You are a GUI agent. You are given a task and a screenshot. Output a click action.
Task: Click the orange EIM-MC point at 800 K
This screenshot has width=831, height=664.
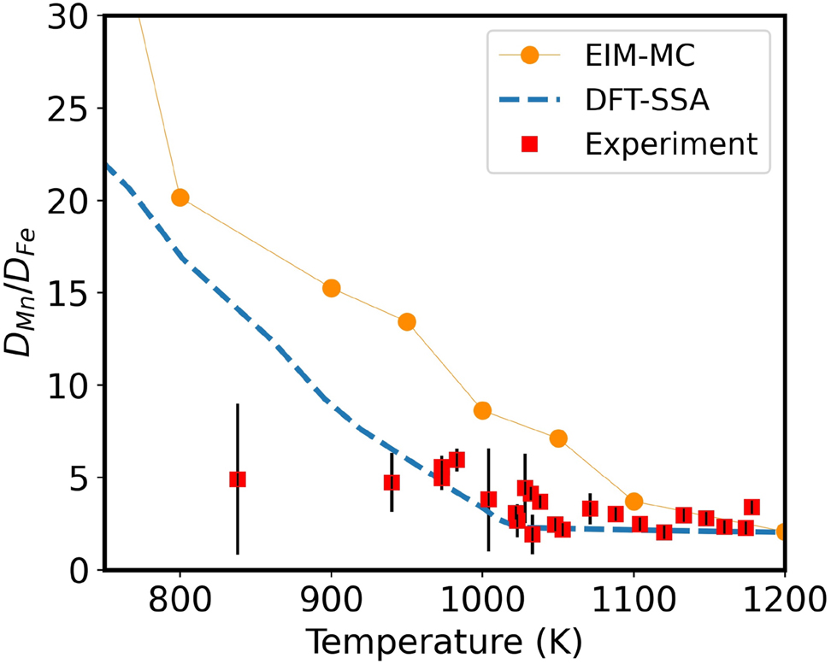click(x=180, y=197)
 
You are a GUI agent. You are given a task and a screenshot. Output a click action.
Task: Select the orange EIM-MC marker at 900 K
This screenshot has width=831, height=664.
click(x=331, y=288)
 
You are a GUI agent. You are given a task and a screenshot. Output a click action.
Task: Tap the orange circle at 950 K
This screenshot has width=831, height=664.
click(x=407, y=321)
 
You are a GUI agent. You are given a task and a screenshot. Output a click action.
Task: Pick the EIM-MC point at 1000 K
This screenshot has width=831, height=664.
click(x=482, y=410)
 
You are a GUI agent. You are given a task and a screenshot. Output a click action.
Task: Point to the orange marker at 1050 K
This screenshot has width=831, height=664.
click(x=558, y=438)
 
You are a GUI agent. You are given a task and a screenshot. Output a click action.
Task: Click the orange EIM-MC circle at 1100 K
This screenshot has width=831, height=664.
click(x=634, y=502)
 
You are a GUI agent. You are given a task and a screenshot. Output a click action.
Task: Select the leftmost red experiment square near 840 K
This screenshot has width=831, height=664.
click(x=238, y=479)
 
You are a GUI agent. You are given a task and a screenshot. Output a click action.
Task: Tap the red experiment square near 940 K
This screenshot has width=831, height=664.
click(x=392, y=482)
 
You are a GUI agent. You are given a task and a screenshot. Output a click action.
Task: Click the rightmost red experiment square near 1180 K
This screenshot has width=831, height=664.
click(x=751, y=507)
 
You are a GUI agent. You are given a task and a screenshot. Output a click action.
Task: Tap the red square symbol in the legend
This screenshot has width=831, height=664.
click(x=530, y=144)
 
